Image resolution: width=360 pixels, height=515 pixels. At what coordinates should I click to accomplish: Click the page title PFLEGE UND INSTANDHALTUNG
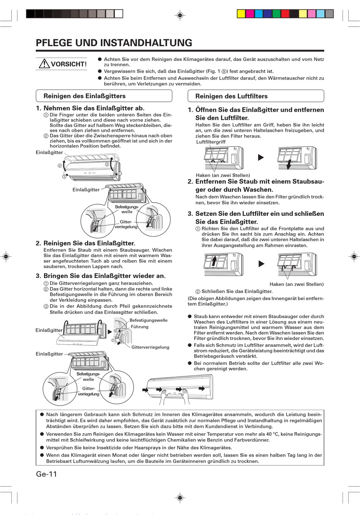[x=114, y=43]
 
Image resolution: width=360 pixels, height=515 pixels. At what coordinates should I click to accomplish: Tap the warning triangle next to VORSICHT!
[x=44, y=64]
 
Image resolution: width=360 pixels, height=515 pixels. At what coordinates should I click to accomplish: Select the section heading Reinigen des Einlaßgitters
[x=85, y=96]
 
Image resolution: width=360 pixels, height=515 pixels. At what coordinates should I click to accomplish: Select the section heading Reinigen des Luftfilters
[x=231, y=96]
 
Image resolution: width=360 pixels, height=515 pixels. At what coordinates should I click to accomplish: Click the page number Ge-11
[x=46, y=474]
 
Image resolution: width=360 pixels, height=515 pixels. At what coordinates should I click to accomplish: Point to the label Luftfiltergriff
[x=211, y=142]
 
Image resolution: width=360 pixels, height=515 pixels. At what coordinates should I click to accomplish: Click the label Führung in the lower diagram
[x=139, y=327]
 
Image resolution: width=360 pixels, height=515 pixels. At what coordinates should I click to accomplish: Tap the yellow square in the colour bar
[x=241, y=14]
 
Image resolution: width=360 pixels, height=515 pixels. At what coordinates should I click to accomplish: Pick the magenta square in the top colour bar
[x=250, y=14]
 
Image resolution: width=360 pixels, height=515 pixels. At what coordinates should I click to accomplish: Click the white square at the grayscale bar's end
[x=119, y=14]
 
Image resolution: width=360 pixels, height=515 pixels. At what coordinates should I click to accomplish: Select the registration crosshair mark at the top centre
[x=180, y=15]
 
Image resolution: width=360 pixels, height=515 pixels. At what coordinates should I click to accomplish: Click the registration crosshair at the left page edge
[x=6, y=256]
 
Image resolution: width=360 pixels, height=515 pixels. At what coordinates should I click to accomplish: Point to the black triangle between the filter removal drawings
[x=261, y=157]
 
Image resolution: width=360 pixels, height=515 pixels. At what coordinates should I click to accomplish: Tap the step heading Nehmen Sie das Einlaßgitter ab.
[x=94, y=108]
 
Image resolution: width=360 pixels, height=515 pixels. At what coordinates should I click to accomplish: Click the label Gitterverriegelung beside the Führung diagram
[x=150, y=347]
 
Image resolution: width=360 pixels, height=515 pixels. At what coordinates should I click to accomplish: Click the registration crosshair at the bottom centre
[x=180, y=498]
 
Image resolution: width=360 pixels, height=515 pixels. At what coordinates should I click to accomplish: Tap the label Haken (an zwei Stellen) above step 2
[x=223, y=175]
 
